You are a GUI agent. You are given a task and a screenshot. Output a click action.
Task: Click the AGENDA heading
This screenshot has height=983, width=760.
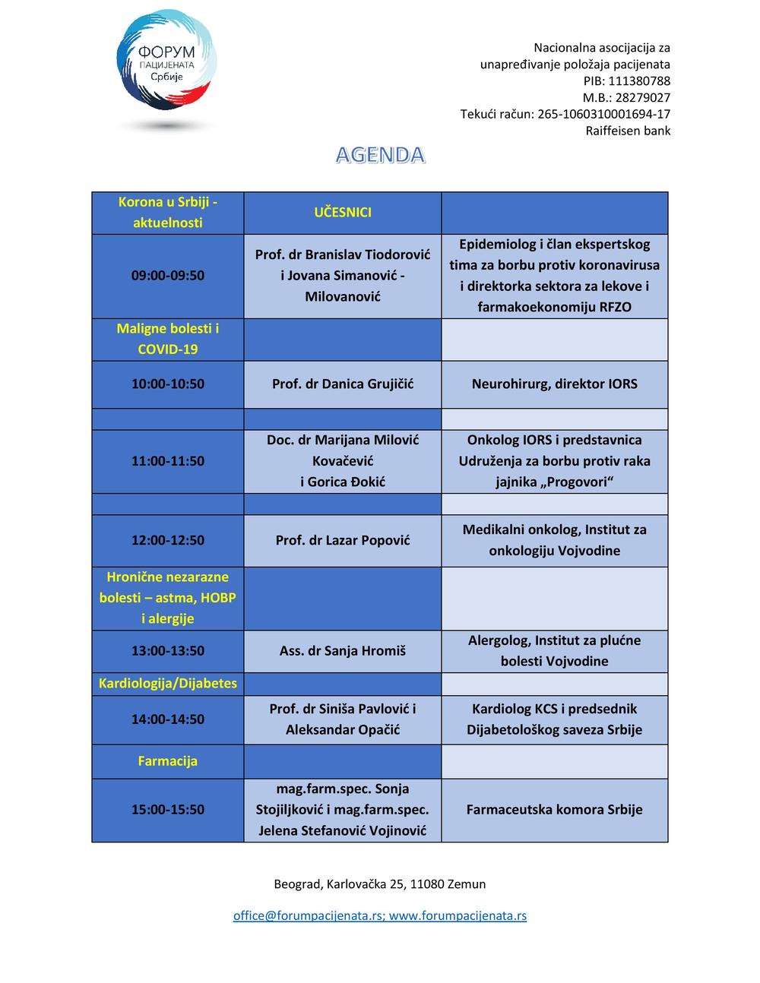point(380,155)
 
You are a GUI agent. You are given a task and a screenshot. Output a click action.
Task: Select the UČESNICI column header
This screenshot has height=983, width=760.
point(343,213)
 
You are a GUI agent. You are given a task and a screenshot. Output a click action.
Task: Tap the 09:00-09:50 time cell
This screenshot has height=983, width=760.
point(168,276)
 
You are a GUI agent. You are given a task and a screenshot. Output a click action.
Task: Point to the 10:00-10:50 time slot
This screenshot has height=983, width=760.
point(168,384)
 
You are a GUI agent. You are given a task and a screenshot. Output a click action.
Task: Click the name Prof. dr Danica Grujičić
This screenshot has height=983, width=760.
point(343,384)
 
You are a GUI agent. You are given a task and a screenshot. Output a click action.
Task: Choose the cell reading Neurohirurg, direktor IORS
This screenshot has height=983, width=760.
point(554,384)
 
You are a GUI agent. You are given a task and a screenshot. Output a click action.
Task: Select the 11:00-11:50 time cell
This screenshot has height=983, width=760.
point(168,461)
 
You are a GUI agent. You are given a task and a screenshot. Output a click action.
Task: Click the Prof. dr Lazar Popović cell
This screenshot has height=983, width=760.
point(343,541)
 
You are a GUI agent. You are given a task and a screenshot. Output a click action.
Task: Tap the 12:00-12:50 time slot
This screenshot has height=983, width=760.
point(168,541)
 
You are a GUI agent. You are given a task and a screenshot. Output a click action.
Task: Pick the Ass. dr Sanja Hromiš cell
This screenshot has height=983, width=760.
point(343,651)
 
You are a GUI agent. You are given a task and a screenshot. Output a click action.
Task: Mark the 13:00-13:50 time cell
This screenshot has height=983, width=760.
point(168,651)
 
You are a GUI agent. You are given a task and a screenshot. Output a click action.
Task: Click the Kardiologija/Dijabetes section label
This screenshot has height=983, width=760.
point(168,684)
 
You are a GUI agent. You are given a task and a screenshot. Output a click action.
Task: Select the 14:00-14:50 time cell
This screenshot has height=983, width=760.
point(168,719)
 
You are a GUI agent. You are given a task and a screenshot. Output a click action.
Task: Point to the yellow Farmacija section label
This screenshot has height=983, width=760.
point(168,761)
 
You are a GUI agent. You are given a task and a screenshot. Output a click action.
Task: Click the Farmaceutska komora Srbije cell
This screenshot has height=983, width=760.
point(554,810)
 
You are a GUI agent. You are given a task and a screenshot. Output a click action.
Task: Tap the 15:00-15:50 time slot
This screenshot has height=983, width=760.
point(168,810)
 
